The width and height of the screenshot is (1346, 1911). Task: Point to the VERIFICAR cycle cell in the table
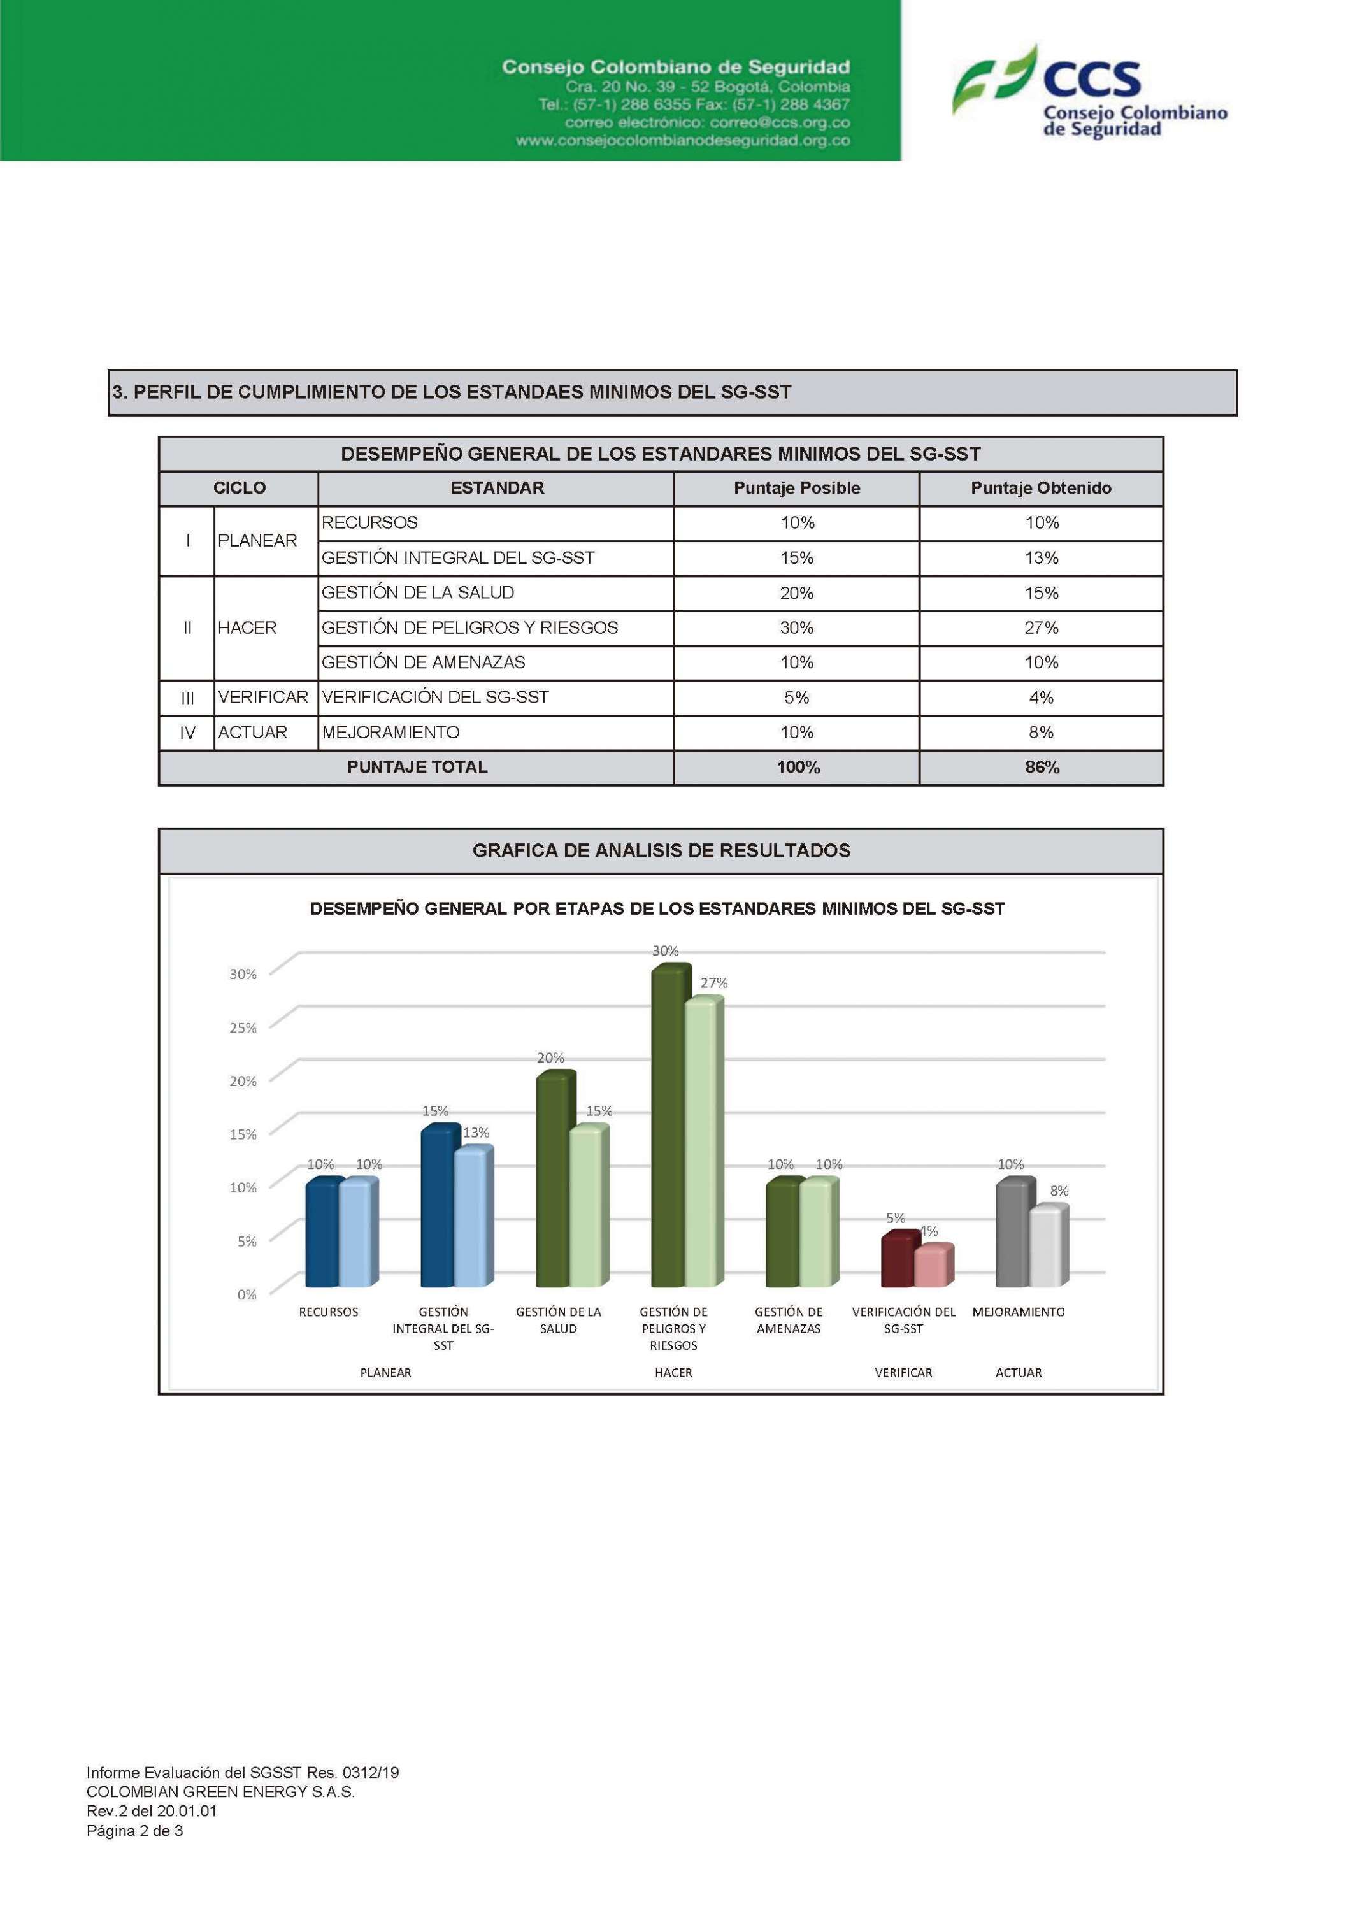click(263, 698)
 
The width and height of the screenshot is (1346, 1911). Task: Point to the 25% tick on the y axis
click(243, 1028)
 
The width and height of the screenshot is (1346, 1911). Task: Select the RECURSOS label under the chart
click(329, 1313)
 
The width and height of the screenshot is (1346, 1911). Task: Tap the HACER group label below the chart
click(673, 1373)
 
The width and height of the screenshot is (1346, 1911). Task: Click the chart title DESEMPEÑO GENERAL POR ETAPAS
click(657, 909)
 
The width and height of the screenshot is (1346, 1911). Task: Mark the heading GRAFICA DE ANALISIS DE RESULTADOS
click(661, 850)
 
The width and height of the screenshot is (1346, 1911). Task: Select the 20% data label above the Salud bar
click(550, 1058)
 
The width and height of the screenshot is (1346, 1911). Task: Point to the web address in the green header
click(683, 141)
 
